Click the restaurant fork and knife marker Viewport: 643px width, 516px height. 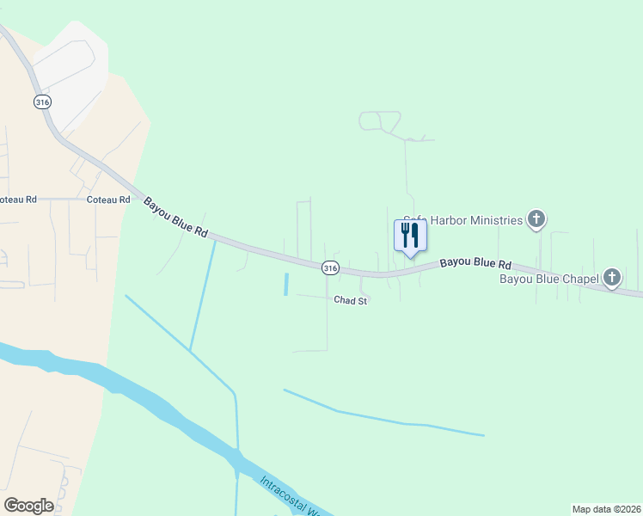410,235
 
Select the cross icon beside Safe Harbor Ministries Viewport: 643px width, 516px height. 536,220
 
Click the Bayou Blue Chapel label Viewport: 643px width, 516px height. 549,279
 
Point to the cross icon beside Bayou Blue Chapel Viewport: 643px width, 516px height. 612,278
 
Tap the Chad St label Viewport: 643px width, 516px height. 351,301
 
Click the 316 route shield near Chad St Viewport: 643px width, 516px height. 330,268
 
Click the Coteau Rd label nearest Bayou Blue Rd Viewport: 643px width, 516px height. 108,200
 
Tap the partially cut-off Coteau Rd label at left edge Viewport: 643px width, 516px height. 18,200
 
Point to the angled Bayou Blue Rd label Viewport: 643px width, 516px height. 176,218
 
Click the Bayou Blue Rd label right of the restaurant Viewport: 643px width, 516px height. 476,263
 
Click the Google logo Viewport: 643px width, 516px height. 28,506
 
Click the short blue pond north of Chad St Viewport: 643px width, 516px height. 285,285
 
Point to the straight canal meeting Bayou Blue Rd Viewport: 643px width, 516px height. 203,292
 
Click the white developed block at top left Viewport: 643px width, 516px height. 69,64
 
